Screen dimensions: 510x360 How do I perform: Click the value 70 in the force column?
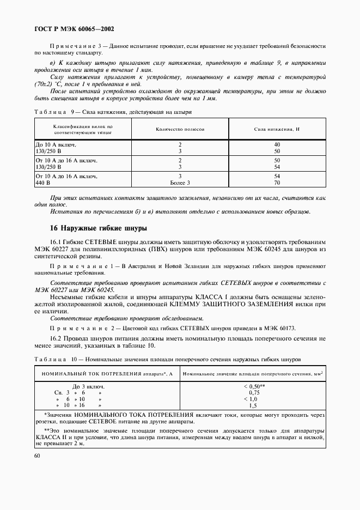277,184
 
